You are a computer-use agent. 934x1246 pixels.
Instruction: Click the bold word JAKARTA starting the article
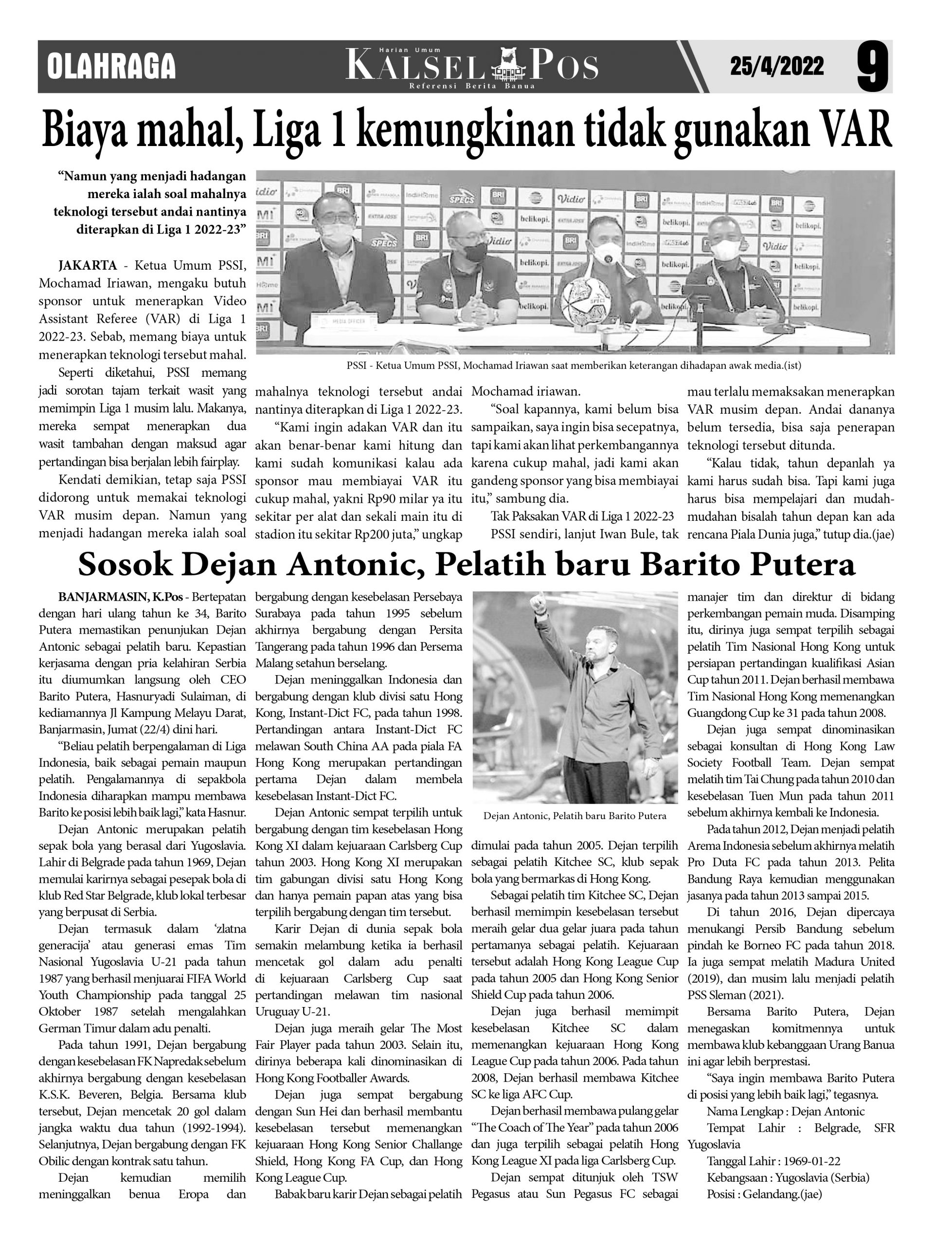pos(87,265)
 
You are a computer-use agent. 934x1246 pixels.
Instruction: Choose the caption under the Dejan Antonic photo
pos(574,816)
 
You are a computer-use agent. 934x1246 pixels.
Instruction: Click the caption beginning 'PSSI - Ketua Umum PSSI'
pos(574,366)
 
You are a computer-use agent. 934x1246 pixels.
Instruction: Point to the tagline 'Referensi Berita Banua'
pos(471,86)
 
